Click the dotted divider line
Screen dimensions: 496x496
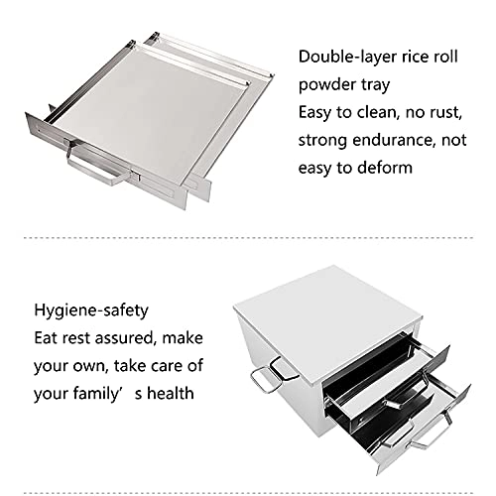pos(248,238)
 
